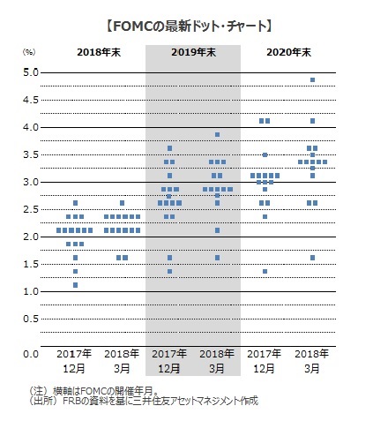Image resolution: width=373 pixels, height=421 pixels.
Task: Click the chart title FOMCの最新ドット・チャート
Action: tap(189, 26)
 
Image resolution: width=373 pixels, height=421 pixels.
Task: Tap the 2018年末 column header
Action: tap(99, 52)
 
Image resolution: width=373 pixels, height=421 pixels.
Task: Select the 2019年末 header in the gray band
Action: tap(194, 52)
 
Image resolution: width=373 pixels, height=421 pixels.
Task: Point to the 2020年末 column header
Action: tap(288, 52)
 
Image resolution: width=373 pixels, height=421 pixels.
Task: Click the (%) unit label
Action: tap(29, 52)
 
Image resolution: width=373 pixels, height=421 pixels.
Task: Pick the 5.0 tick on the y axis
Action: tap(31, 72)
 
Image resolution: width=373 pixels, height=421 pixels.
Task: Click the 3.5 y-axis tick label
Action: tap(31, 154)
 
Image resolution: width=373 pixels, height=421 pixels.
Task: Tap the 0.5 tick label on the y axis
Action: tap(31, 319)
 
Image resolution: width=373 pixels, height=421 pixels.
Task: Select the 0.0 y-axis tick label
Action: tap(31, 354)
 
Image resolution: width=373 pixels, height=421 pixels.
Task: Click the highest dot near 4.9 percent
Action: tap(312, 80)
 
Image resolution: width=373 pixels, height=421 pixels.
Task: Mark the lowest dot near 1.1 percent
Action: tap(75, 285)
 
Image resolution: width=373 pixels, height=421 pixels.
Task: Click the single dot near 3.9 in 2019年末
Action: tap(217, 135)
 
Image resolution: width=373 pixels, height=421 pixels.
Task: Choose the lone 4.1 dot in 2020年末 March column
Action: tap(312, 121)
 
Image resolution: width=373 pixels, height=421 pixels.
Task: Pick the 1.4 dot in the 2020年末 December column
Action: tap(265, 271)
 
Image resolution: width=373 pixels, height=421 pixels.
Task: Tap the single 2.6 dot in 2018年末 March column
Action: tap(123, 203)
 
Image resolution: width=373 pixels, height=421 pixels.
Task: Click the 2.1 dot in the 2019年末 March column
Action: tap(217, 230)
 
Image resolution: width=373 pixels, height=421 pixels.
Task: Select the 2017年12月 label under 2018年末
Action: tap(74, 361)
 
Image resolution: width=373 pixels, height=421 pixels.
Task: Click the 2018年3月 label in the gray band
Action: tap(217, 361)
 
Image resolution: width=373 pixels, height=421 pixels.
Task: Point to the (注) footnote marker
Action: tap(38, 391)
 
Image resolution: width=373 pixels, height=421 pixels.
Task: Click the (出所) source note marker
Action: tap(42, 401)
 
